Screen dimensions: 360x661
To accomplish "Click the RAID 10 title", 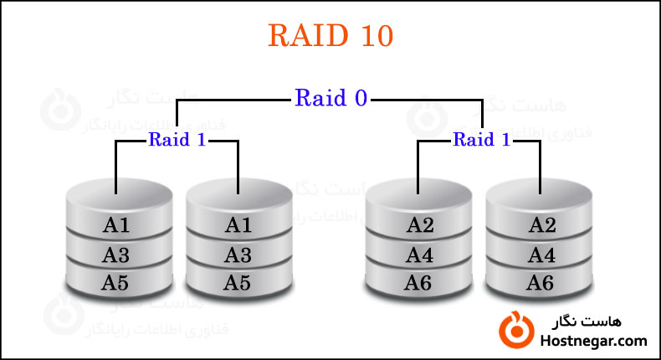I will tap(330, 35).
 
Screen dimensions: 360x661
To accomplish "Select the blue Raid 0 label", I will tap(330, 98).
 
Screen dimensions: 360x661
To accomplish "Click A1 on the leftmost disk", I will tap(118, 224).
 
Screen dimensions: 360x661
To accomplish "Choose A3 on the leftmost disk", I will tap(118, 254).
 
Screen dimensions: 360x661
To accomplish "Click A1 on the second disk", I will tap(238, 224).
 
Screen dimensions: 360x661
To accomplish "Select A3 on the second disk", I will tap(238, 254).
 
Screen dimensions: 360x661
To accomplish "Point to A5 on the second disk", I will tap(238, 283).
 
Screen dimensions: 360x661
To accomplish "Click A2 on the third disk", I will tap(420, 224).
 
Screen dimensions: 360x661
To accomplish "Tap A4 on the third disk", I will tap(420, 254).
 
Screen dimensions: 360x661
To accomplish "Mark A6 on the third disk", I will tap(420, 283).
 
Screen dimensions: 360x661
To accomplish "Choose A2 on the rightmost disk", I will tap(541, 224).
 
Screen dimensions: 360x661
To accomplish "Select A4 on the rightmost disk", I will tap(541, 254).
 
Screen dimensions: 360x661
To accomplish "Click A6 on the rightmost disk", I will tap(541, 283).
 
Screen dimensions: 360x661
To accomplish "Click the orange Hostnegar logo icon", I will tap(515, 330).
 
